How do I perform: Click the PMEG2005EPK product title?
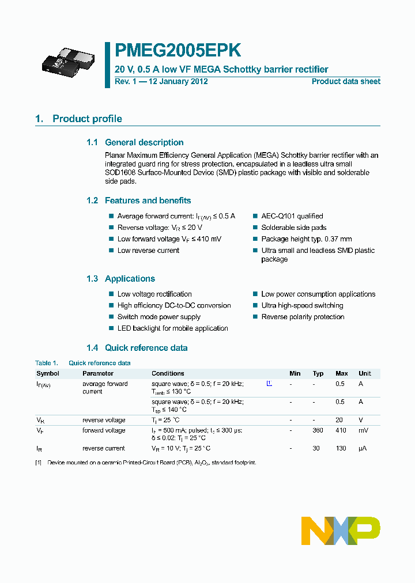[x=178, y=51]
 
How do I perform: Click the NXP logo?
[x=341, y=531]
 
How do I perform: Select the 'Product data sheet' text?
[x=346, y=81]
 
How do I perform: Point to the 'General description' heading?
[x=144, y=142]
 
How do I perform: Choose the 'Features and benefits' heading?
[x=148, y=200]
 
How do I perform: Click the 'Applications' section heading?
[x=130, y=279]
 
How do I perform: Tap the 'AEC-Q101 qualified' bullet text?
[x=292, y=216]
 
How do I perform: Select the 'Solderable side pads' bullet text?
[x=293, y=228]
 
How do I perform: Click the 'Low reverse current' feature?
[x=148, y=251]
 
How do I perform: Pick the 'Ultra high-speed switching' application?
[x=302, y=305]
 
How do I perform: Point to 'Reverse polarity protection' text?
[x=303, y=317]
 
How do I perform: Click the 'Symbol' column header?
[x=47, y=373]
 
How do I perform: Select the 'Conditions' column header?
[x=168, y=373]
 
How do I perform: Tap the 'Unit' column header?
[x=364, y=373]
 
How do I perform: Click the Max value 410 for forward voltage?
[x=341, y=430]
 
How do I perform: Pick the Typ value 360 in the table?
[x=318, y=430]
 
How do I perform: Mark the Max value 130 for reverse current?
[x=341, y=448]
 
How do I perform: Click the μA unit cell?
[x=363, y=448]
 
